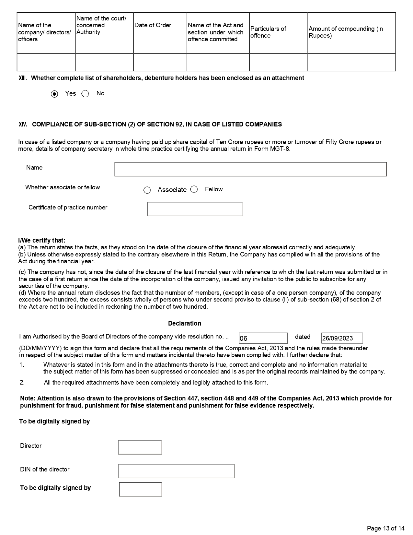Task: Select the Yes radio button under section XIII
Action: click(x=55, y=94)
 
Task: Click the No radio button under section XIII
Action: click(x=85, y=94)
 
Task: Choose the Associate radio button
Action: click(x=147, y=190)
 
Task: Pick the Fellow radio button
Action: click(x=194, y=189)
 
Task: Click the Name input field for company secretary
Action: click(x=250, y=169)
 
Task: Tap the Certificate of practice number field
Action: click(x=195, y=209)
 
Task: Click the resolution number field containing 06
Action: click(x=263, y=338)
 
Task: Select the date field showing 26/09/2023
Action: click(x=342, y=338)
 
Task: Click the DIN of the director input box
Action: click(x=176, y=471)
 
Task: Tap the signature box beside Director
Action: click(x=140, y=447)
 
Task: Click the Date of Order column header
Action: click(x=153, y=25)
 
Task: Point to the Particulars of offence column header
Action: click(x=268, y=32)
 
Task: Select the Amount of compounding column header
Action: click(x=346, y=32)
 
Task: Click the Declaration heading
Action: click(x=185, y=323)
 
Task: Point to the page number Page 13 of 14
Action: click(x=386, y=528)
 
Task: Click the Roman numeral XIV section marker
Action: click(x=23, y=125)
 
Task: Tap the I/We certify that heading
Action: click(x=42, y=240)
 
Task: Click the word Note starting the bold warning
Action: click(x=28, y=398)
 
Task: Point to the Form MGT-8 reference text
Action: click(x=279, y=149)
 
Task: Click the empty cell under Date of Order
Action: click(x=160, y=62)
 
